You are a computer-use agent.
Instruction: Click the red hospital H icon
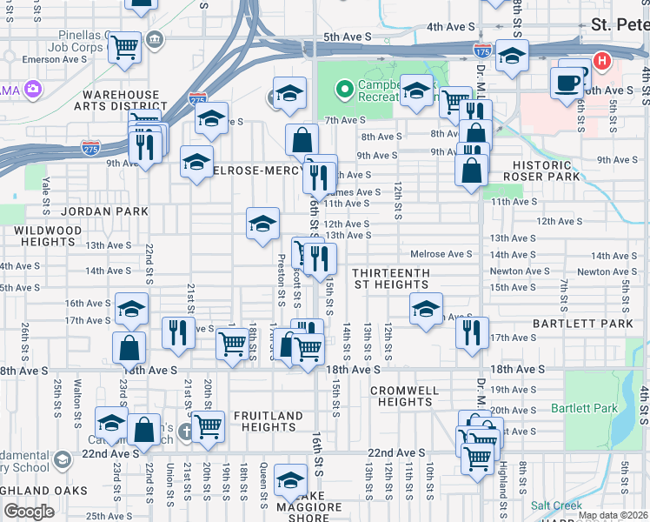[x=600, y=62]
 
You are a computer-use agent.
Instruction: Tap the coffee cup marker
[x=567, y=83]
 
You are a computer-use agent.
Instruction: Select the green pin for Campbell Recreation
[x=344, y=88]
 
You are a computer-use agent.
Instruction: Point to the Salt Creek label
[x=553, y=505]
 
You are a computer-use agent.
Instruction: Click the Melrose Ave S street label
[x=441, y=253]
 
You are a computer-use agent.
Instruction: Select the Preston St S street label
[x=281, y=279]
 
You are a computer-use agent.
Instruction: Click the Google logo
[x=28, y=511]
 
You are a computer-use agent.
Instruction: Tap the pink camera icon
[x=33, y=88]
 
